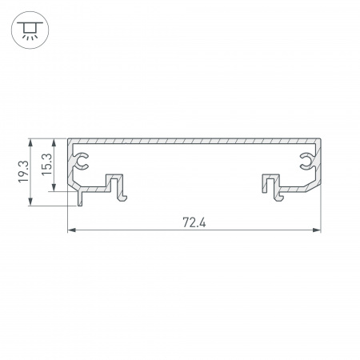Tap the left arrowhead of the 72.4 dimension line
pyautogui.click(x=70, y=231)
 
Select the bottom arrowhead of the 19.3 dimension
pyautogui.click(x=32, y=204)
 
